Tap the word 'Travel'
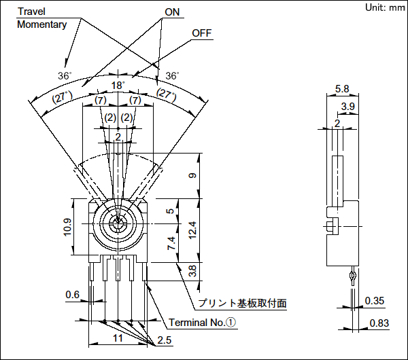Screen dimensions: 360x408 point(31,12)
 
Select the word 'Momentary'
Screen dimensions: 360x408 point(41,24)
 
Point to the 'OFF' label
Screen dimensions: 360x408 point(202,33)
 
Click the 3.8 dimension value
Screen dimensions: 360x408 point(192,271)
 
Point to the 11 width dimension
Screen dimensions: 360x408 point(117,337)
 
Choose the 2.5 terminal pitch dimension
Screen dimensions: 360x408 point(165,340)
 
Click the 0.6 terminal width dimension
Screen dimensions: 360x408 point(72,294)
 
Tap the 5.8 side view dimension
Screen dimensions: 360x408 point(342,90)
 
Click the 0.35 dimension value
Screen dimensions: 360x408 point(375,301)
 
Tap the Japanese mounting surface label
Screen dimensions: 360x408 point(241,303)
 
